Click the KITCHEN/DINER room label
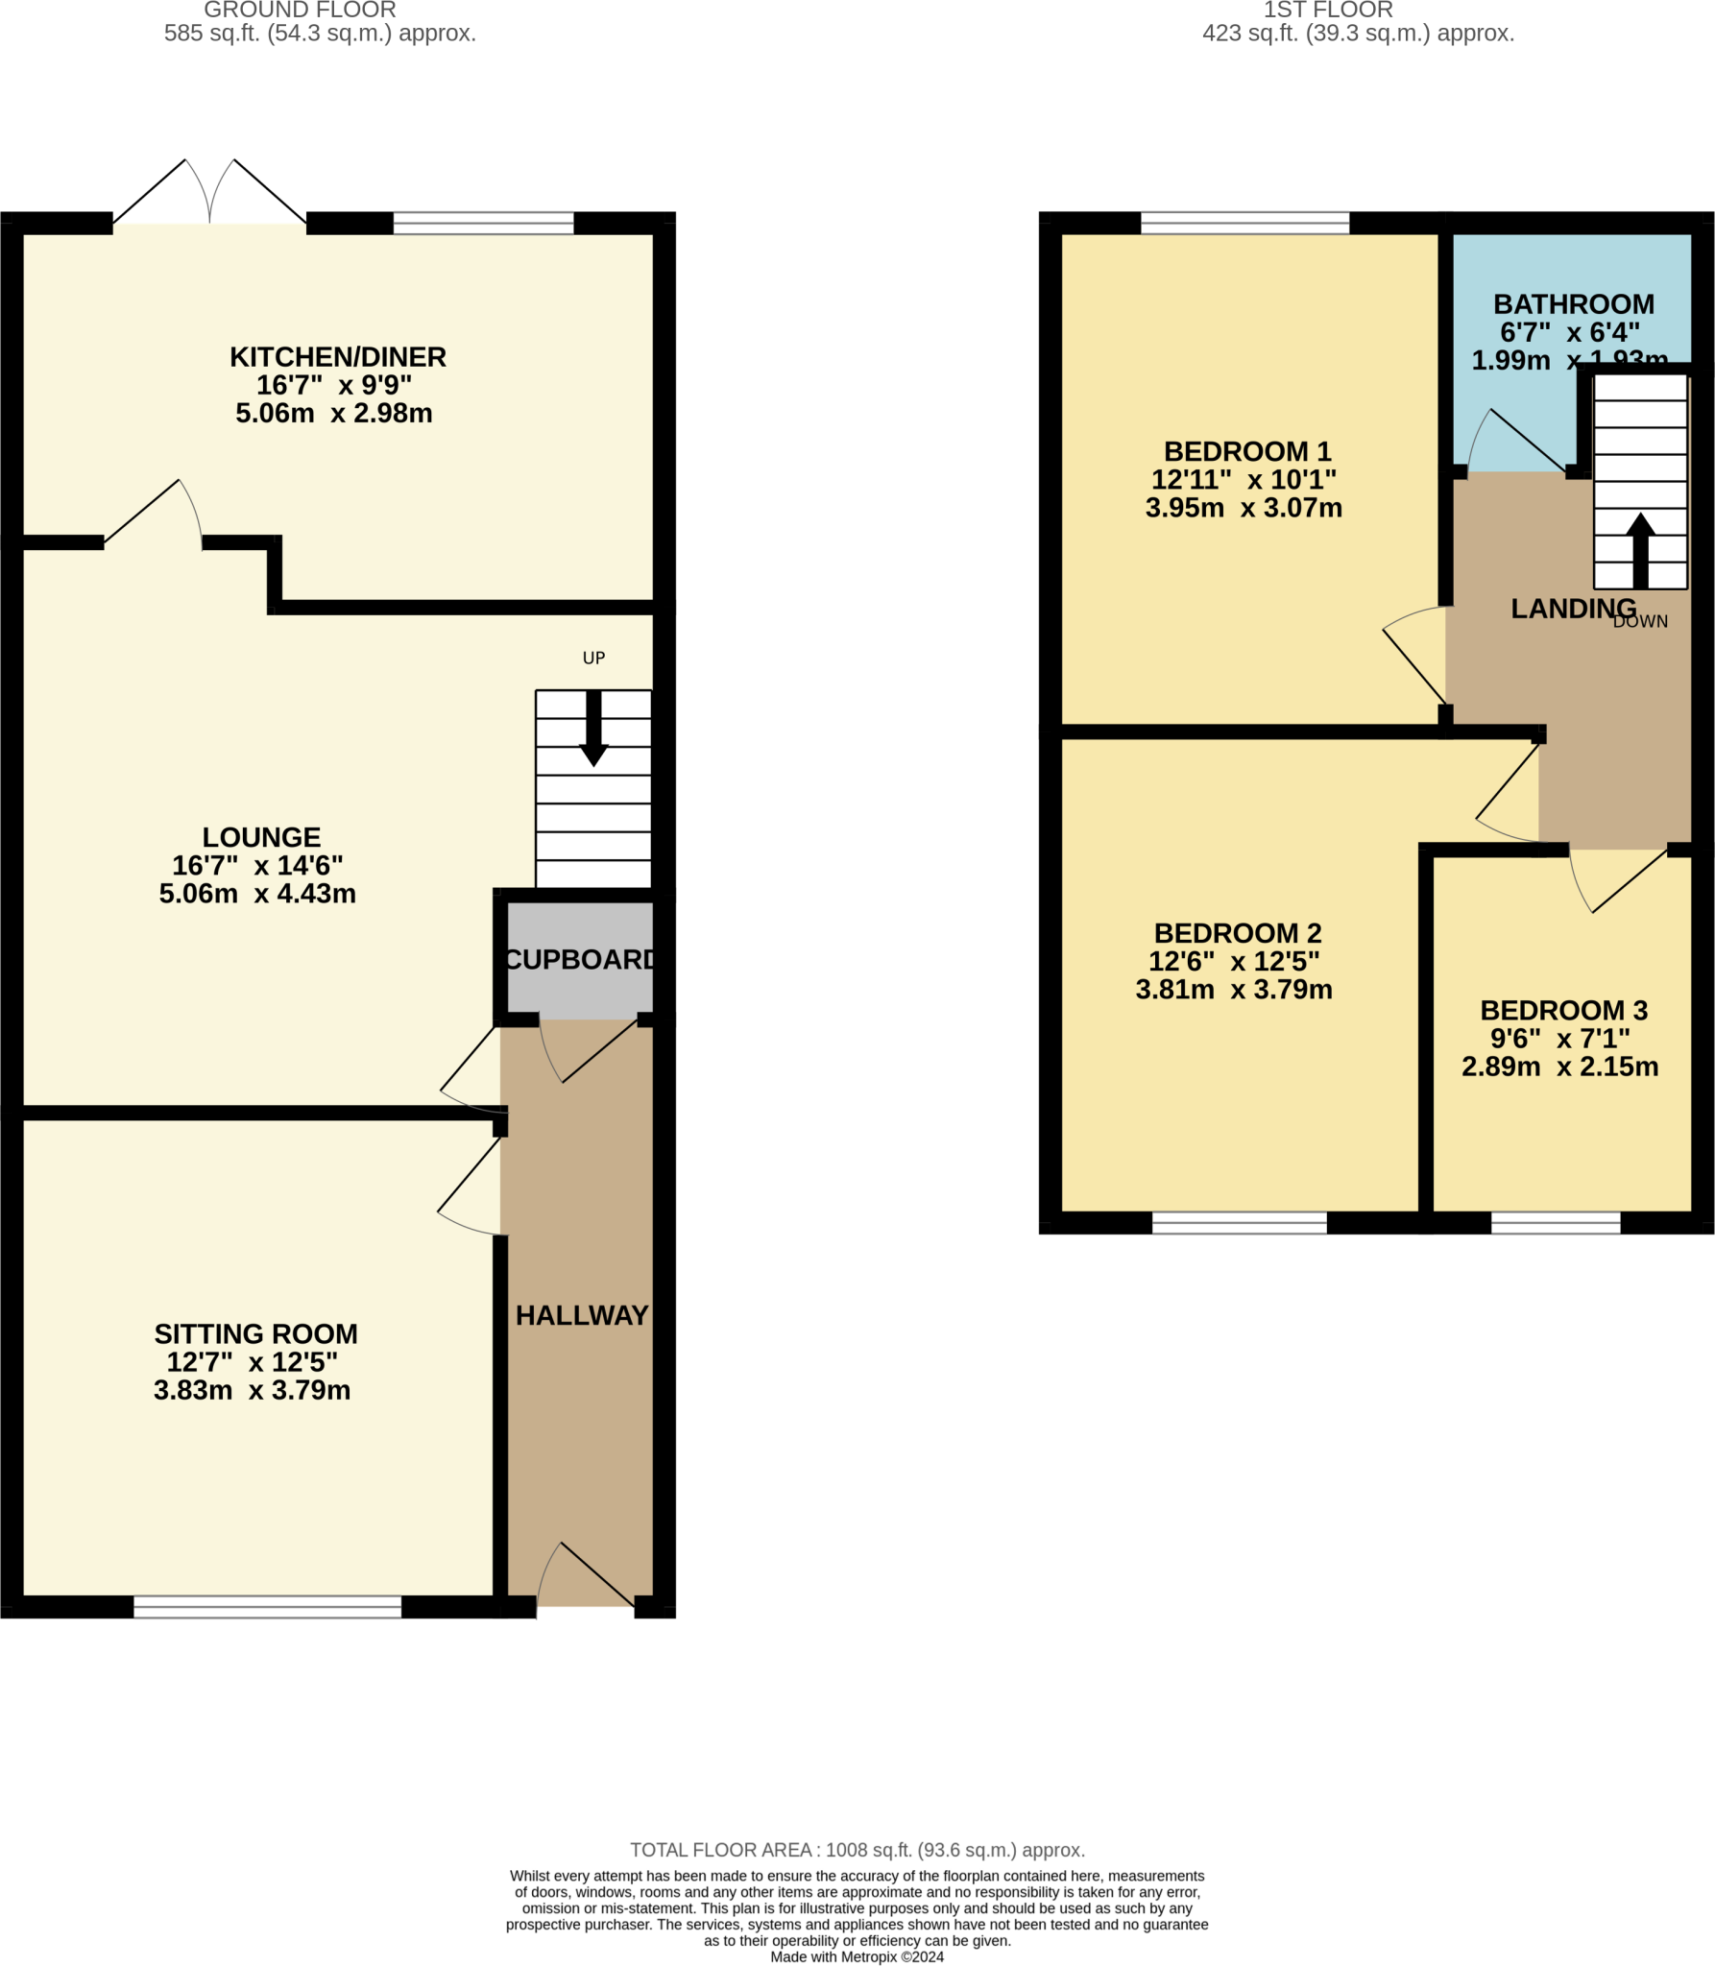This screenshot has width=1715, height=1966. (x=337, y=357)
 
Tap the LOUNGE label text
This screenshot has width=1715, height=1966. (x=261, y=837)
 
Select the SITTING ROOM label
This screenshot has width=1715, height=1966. (x=255, y=1333)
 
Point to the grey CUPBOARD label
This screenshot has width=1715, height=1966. (x=580, y=959)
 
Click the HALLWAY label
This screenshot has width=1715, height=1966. (x=582, y=1315)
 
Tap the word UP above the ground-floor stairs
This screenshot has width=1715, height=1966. (x=593, y=658)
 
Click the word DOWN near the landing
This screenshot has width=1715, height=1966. (x=1640, y=622)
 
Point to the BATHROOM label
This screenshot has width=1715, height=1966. (x=1573, y=304)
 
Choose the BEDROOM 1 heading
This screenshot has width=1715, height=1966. (x=1246, y=451)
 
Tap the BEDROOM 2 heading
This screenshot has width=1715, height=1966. (x=1237, y=933)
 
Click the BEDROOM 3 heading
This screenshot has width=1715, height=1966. (x=1563, y=1010)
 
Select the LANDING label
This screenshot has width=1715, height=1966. (x=1573, y=608)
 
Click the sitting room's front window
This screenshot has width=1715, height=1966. (x=267, y=1606)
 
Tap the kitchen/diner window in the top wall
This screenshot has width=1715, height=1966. (x=483, y=224)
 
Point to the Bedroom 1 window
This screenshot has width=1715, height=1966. (x=1244, y=224)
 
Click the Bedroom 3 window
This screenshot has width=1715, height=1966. (x=1555, y=1222)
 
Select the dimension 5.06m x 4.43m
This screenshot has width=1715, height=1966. (x=257, y=894)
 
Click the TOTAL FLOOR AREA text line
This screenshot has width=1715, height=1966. (x=857, y=1850)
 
